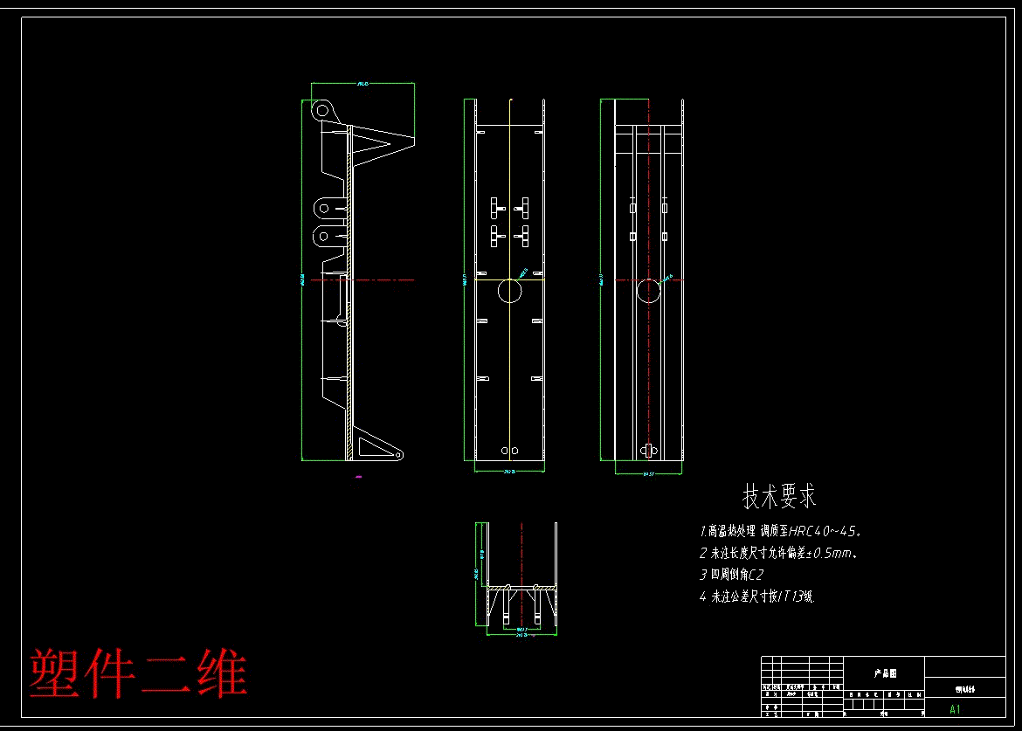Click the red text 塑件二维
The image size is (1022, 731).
pos(138,673)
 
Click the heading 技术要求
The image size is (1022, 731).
pos(779,497)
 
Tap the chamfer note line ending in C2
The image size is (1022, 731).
pos(732,576)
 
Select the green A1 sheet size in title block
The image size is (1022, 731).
pos(955,709)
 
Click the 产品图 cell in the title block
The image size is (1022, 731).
pos(885,673)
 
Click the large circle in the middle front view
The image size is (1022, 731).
pos(509,291)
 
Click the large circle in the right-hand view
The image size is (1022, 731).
pos(648,291)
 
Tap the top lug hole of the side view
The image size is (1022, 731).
pos(323,110)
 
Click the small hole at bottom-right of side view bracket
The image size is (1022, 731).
pos(397,455)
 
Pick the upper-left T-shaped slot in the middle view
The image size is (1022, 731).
pos(494,206)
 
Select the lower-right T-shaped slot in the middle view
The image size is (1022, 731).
pos(524,233)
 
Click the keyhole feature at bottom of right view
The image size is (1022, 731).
pos(648,450)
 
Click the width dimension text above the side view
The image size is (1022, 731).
pos(363,84)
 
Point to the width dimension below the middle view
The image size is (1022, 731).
pos(510,472)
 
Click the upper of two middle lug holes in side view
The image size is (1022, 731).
pos(323,208)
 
